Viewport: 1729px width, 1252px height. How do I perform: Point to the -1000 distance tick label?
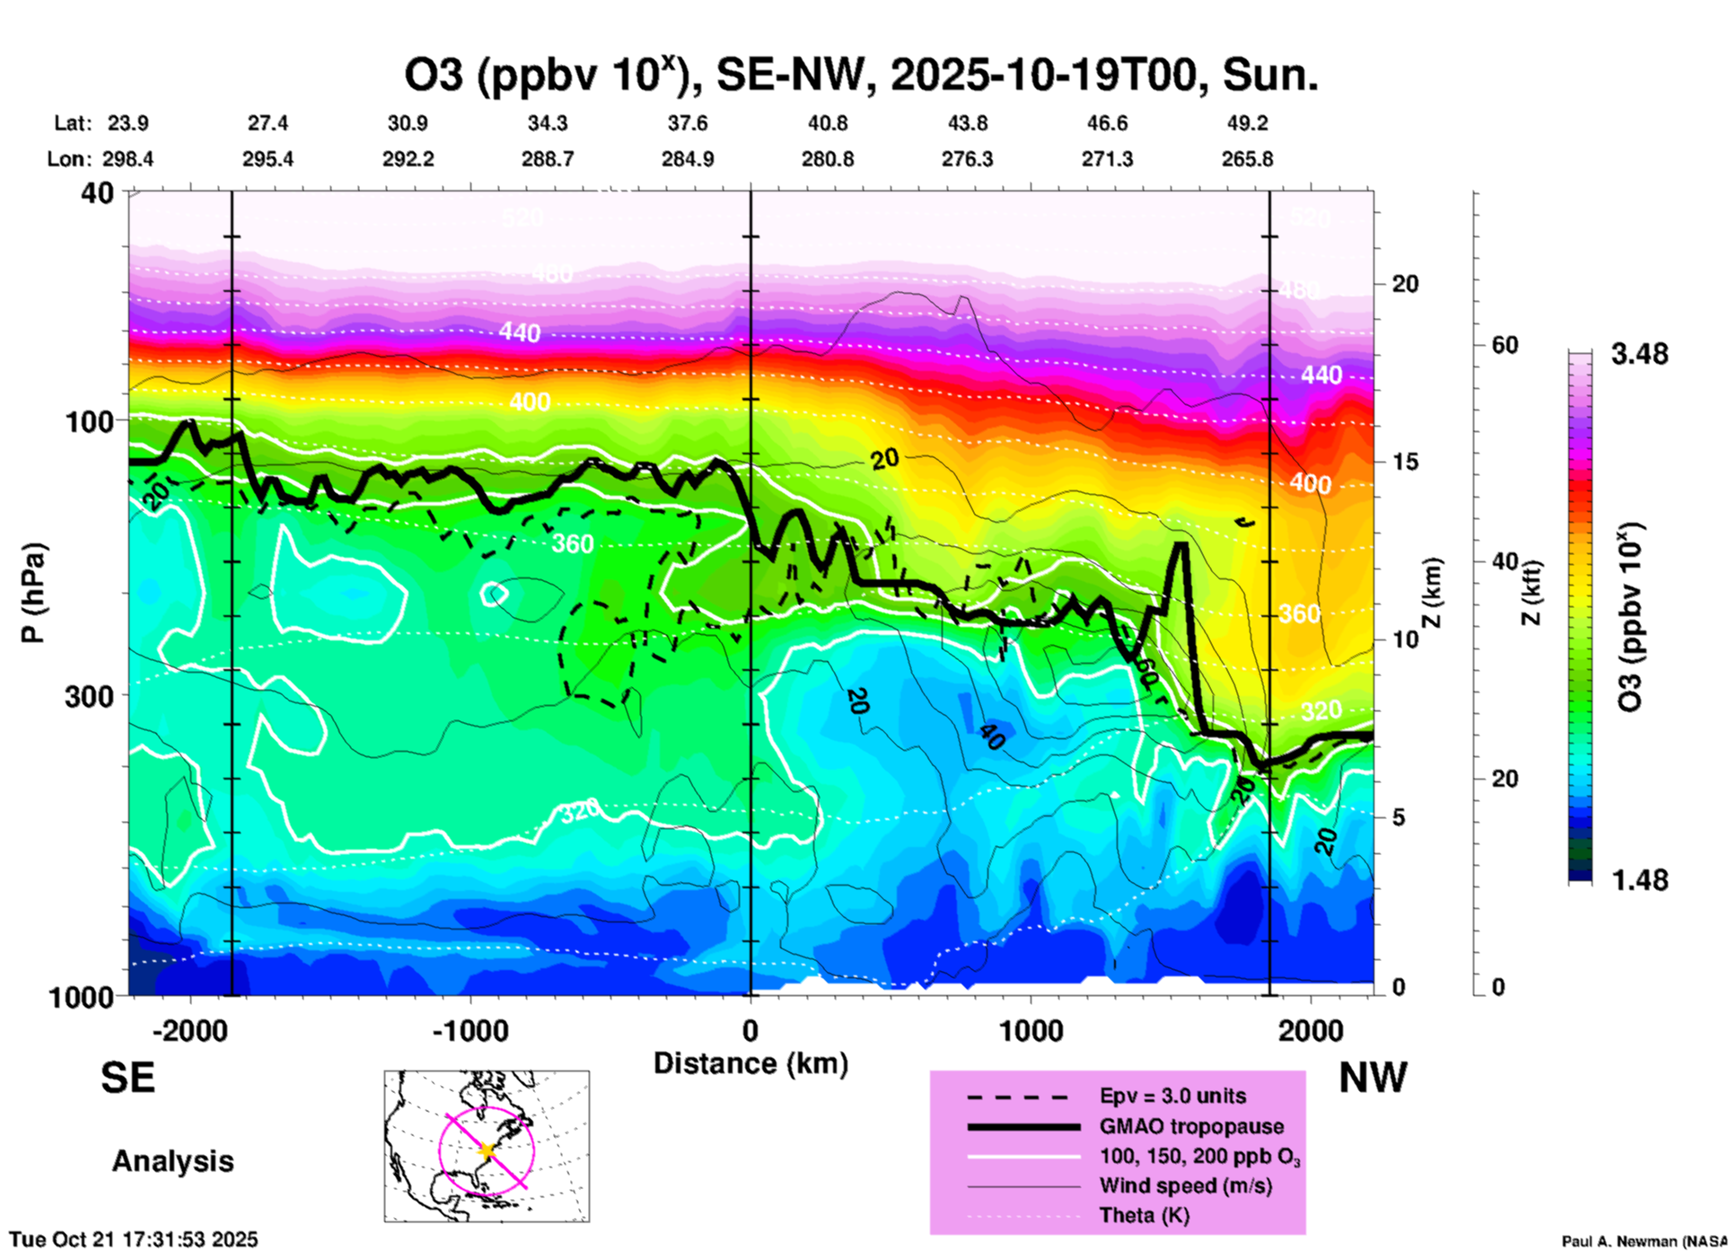[x=470, y=1030]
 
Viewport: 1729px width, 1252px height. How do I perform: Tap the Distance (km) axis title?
[x=750, y=1063]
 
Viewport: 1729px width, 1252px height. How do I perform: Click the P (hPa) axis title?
[x=33, y=593]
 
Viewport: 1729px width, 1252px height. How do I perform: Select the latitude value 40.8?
[x=827, y=123]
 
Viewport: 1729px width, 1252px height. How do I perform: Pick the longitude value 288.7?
[x=548, y=159]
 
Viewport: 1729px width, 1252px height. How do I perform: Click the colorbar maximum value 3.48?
[x=1639, y=354]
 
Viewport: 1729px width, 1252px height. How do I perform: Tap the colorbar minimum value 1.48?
[x=1639, y=879]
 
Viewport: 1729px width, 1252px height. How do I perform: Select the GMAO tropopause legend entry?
[x=1191, y=1126]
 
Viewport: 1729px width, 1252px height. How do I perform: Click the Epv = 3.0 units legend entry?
[x=1172, y=1096]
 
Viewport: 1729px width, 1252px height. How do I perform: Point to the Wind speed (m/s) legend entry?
[x=1185, y=1186]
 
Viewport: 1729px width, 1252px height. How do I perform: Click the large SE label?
[x=127, y=1078]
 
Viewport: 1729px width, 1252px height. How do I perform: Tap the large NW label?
[x=1373, y=1078]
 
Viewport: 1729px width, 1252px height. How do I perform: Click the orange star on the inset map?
[x=487, y=1151]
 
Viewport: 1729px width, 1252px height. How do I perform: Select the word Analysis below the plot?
[x=172, y=1161]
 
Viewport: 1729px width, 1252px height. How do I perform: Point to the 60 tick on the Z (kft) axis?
[x=1505, y=345]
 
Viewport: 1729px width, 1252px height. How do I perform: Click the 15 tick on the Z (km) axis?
[x=1404, y=462]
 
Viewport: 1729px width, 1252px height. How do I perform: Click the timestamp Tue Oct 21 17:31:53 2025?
[x=134, y=1239]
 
